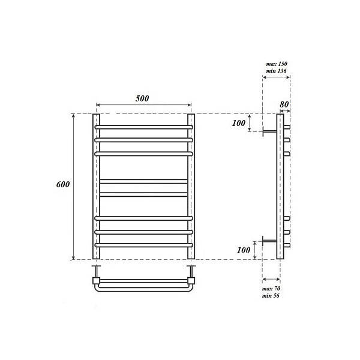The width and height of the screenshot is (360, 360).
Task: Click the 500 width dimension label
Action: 142,98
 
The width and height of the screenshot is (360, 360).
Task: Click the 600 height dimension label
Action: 62,185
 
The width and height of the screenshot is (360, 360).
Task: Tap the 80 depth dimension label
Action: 284,104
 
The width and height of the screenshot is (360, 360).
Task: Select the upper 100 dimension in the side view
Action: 238,123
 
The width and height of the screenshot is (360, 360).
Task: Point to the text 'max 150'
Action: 275,63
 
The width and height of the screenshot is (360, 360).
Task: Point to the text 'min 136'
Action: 275,71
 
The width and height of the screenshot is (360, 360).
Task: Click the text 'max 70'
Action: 272,289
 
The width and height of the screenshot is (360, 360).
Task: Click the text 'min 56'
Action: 272,297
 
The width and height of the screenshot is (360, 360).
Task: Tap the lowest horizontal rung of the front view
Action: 143,245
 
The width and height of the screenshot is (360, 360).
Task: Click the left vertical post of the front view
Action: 96,186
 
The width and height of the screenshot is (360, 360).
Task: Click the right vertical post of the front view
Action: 190,186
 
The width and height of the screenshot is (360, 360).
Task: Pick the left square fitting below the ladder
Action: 95,280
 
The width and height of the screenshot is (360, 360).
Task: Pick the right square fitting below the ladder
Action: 191,280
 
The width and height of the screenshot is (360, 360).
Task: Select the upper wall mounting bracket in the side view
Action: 268,132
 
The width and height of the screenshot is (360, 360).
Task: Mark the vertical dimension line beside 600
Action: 74,186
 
